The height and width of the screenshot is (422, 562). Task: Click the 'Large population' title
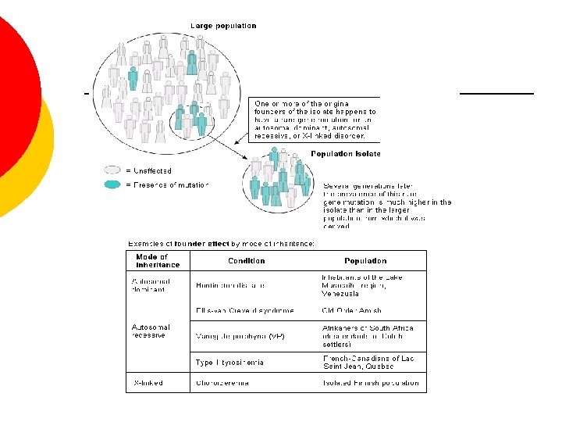point(219,26)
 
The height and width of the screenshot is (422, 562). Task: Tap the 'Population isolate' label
point(346,154)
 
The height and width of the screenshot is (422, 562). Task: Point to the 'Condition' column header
point(246,261)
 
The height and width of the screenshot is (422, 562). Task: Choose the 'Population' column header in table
point(365,261)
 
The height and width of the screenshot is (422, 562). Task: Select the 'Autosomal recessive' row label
point(151,331)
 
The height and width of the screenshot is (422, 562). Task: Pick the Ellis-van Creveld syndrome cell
point(245,310)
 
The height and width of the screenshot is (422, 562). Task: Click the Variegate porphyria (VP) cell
point(240,336)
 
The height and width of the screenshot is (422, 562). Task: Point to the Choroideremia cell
point(224,383)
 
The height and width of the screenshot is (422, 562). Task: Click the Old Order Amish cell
point(351,310)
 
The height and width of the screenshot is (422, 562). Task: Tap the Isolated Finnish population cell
point(371,383)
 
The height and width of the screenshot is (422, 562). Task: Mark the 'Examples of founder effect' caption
point(221,243)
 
